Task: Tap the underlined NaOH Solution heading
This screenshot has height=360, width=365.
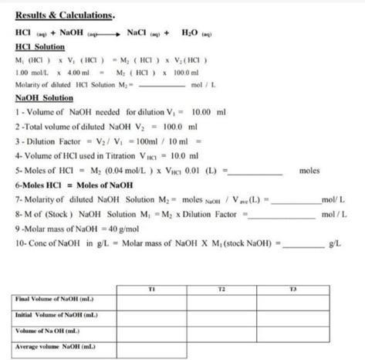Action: click(x=44, y=98)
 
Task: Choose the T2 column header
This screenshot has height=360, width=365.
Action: click(x=221, y=288)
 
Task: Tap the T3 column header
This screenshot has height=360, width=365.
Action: click(x=292, y=288)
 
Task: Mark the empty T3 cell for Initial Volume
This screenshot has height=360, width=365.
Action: click(x=292, y=315)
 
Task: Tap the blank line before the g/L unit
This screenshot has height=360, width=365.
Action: click(x=303, y=244)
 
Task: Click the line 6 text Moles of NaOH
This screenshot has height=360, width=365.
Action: click(x=104, y=185)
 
